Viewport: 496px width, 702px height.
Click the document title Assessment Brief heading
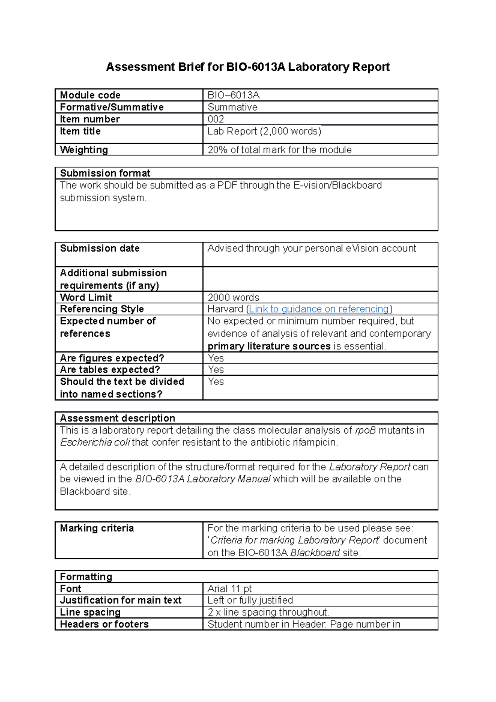(248, 67)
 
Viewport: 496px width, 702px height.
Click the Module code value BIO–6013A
(233, 95)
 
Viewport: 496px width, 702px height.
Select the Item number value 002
(216, 119)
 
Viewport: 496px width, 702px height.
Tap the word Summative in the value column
(232, 107)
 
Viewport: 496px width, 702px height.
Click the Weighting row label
(84, 150)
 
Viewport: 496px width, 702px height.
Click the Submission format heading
(105, 173)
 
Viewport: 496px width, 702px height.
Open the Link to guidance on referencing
(319, 309)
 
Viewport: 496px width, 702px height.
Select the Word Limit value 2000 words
(233, 297)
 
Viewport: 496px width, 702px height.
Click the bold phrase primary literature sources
(269, 346)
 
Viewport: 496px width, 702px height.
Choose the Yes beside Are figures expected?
(216, 358)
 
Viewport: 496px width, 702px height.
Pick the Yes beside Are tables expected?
(216, 370)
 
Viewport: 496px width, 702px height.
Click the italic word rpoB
(365, 430)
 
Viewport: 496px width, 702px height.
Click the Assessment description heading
(117, 418)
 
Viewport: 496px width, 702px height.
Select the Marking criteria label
(97, 528)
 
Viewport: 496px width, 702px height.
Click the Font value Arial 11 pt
(229, 588)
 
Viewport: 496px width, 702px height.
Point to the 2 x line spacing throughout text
(268, 612)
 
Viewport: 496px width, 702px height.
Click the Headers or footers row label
(104, 624)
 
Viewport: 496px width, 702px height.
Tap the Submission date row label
(100, 248)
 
